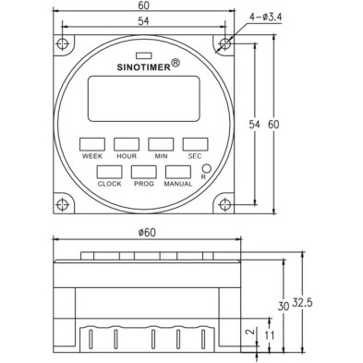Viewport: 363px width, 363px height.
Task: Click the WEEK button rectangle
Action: pos(91,143)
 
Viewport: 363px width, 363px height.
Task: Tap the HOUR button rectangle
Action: pos(126,143)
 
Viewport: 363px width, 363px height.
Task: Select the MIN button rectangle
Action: pos(160,143)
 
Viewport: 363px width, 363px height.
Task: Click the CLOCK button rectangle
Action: pos(110,172)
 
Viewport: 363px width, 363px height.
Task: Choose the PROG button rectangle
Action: pos(143,172)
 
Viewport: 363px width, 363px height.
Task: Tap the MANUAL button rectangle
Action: pos(177,172)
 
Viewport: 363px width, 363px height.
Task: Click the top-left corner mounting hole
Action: pos(61,43)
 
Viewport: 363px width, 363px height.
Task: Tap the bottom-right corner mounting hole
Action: pos(224,205)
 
